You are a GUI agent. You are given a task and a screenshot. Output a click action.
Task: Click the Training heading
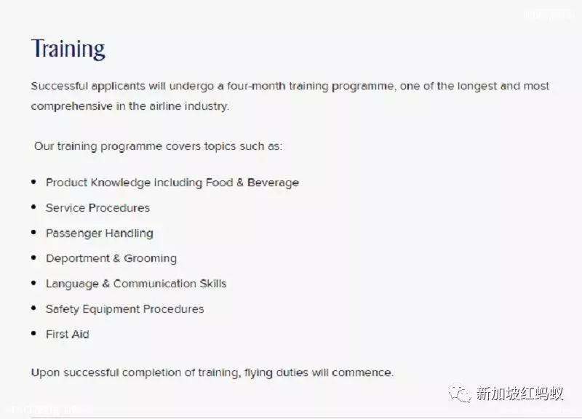pos(68,49)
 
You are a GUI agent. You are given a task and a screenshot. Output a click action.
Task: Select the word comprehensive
pos(71,106)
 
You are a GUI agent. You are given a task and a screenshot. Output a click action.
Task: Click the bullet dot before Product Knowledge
pos(33,182)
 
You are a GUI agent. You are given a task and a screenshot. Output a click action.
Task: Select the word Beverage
pos(274,183)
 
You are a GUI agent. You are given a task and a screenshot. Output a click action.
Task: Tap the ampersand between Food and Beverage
pos(240,183)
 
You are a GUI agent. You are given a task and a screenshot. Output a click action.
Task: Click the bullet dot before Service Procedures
pos(33,207)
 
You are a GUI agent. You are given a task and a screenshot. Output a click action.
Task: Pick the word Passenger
pos(73,234)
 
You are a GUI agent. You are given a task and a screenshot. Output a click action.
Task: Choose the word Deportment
pos(78,258)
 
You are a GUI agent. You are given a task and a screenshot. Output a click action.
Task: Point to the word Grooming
pos(151,259)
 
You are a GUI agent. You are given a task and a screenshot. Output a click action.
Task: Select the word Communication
pos(155,284)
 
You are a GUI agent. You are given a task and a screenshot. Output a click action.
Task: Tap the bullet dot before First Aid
pos(33,333)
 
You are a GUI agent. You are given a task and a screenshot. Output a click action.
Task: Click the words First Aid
pos(68,335)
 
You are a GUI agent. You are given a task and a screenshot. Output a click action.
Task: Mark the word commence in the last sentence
pos(362,372)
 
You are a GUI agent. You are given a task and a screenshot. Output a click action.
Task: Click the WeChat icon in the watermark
pos(461,394)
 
